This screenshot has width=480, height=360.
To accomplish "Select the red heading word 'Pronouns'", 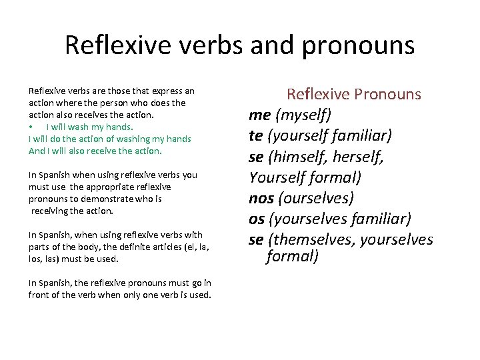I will click(x=388, y=94).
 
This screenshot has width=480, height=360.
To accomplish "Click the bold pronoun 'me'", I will click(x=259, y=115).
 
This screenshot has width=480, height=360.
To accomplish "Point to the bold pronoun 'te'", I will click(x=256, y=135).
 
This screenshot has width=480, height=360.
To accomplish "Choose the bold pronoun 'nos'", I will click(x=261, y=198).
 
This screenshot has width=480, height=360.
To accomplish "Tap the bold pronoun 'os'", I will click(x=257, y=219).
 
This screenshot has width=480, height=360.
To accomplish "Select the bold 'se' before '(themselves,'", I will click(x=256, y=239).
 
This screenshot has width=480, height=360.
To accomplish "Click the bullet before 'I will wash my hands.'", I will click(x=31, y=127).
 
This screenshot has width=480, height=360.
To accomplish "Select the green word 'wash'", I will click(x=79, y=127).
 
